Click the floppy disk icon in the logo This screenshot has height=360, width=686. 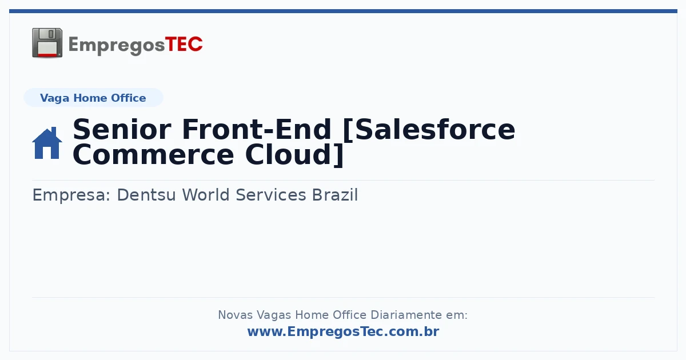[x=47, y=42]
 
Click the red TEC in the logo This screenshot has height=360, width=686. [x=184, y=44]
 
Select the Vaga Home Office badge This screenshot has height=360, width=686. [x=93, y=98]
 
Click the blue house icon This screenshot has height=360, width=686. [x=47, y=143]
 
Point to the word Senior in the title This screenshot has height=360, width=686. [x=122, y=130]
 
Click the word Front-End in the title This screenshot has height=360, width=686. [x=257, y=130]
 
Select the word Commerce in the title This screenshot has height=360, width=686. [x=153, y=155]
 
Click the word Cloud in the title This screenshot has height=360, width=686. [x=289, y=155]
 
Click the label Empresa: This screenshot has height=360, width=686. [x=71, y=195]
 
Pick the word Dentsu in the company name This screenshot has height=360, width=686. [x=146, y=195]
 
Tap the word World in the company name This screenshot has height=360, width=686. [x=206, y=195]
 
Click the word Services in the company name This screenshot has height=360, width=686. [x=271, y=195]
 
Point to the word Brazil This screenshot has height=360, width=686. [x=335, y=195]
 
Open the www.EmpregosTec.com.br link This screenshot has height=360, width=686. [x=344, y=331]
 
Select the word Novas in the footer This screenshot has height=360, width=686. [x=235, y=315]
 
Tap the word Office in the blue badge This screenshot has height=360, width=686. [x=128, y=98]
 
